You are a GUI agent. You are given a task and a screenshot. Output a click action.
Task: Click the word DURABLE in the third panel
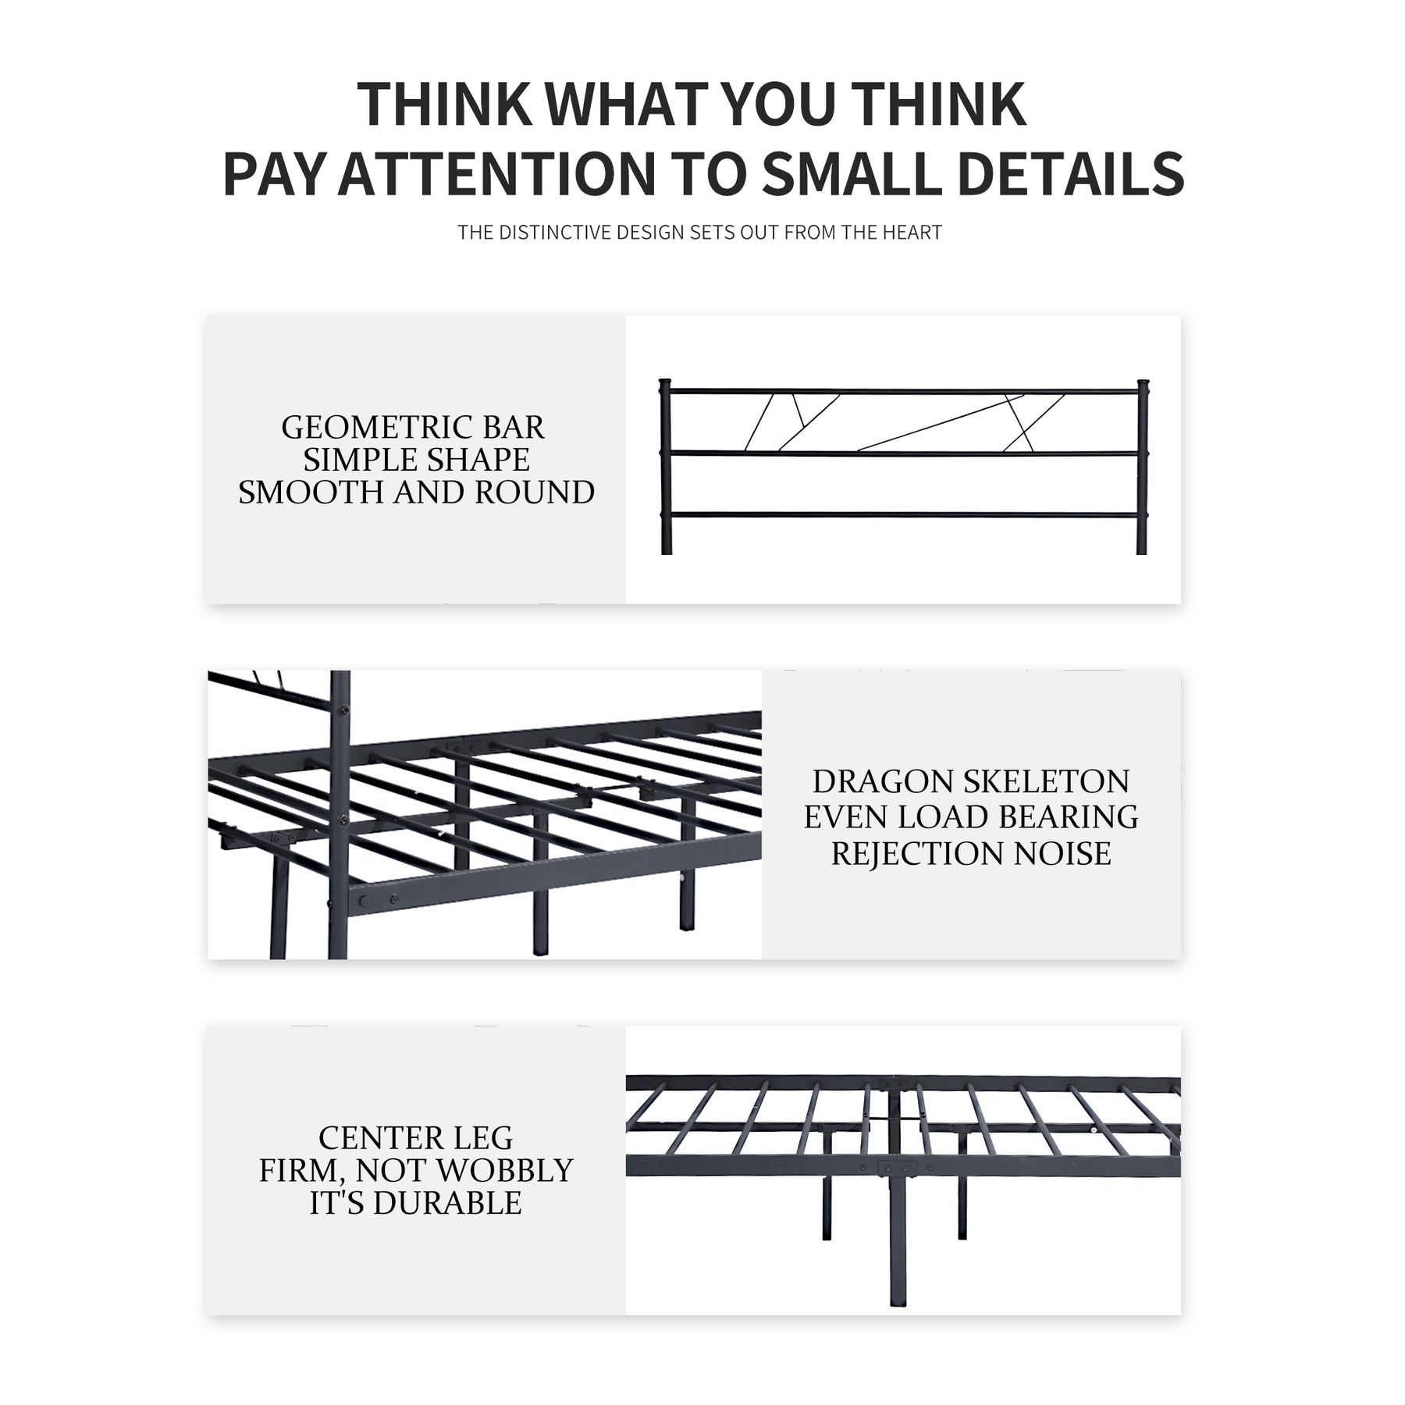447,1204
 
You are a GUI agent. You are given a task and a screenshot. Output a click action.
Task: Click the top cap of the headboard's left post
666,385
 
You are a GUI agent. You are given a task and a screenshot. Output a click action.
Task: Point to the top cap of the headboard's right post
1142,385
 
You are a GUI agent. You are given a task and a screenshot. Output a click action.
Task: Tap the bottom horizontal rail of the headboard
904,514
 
